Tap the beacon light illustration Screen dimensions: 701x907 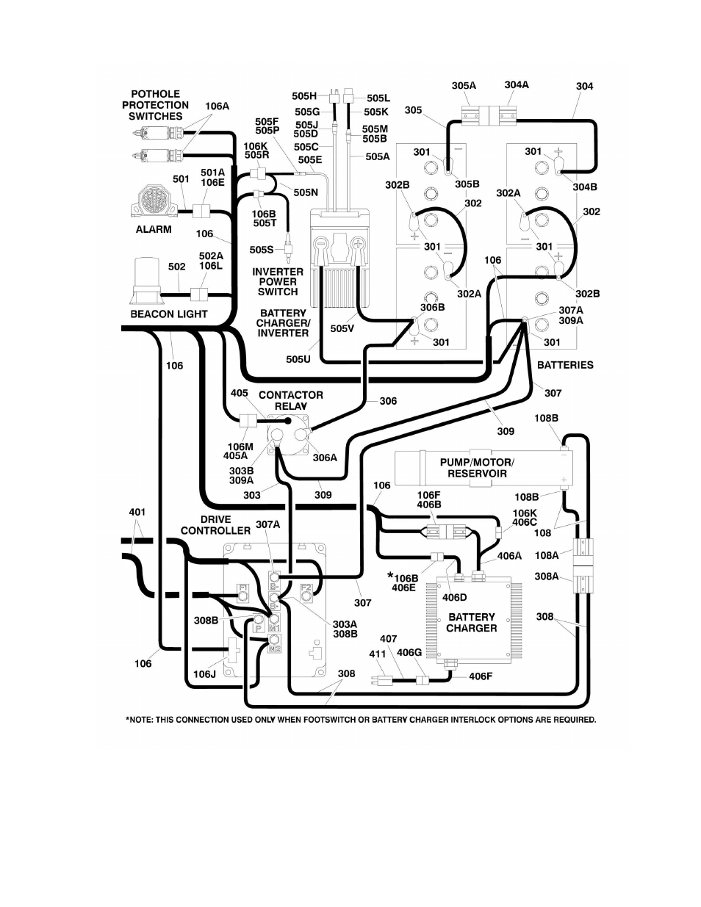tap(146, 282)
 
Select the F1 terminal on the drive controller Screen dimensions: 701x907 tap(242, 593)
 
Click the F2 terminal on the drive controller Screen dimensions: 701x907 tap(306, 593)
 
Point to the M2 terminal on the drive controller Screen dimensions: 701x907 tap(274, 643)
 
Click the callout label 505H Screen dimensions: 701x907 tap(304, 96)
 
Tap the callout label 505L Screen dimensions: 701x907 tap(378, 98)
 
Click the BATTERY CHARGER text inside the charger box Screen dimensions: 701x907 tap(471, 622)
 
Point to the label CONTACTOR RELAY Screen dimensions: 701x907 tap(290, 400)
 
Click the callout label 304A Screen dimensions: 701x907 tap(517, 84)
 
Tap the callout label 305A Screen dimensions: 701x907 tap(464, 86)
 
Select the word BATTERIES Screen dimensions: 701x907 tap(565, 365)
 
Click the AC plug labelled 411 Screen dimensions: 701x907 tap(381, 682)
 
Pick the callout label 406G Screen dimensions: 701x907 tap(409, 652)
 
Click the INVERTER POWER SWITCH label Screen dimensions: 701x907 tap(278, 282)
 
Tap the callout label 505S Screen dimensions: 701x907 tap(262, 250)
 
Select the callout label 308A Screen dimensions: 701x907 tap(547, 577)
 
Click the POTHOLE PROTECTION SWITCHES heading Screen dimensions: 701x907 tap(155, 105)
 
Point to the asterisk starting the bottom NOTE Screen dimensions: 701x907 tap(128, 719)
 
